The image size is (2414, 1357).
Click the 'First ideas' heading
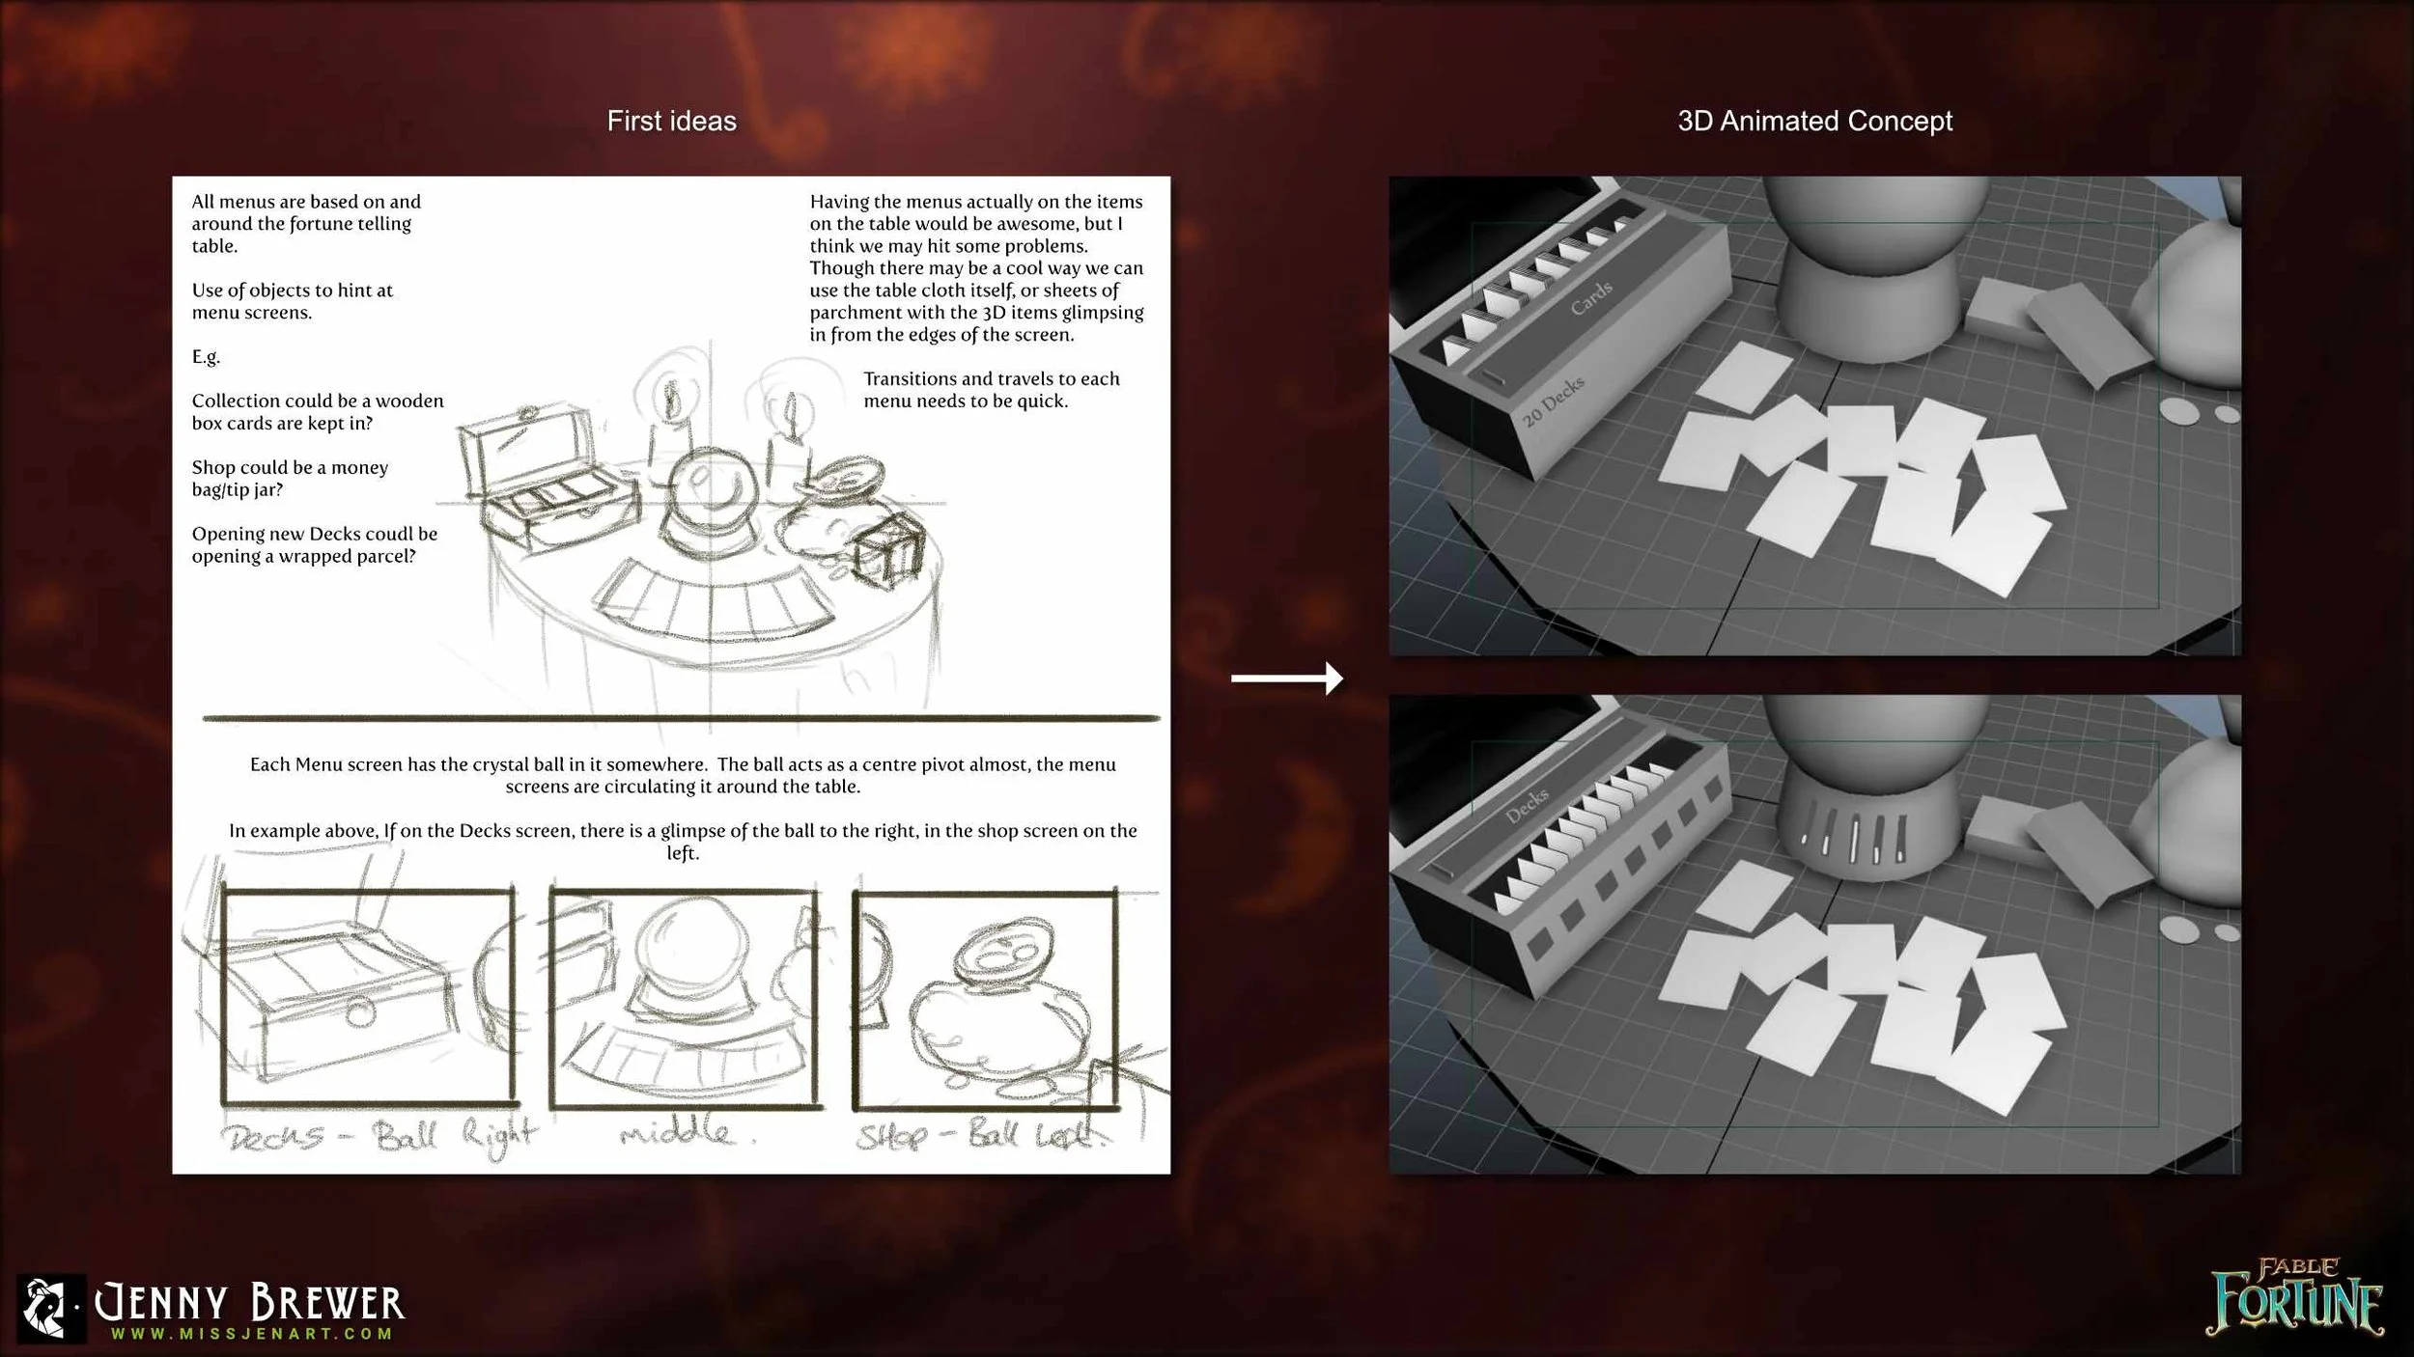coord(671,121)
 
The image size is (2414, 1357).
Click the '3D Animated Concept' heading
coord(1814,121)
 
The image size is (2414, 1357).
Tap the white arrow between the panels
coord(1286,678)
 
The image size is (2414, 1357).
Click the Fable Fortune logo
coord(2294,1297)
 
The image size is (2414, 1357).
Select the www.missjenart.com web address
coord(251,1334)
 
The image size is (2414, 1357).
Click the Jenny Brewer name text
coord(249,1303)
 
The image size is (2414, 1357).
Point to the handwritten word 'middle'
coord(676,1130)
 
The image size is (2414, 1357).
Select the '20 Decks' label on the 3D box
coord(1553,402)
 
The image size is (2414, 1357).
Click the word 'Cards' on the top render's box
coord(1590,298)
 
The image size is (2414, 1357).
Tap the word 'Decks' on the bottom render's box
coord(1527,805)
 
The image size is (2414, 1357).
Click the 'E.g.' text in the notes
coord(206,356)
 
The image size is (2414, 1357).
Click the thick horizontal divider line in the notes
coord(681,718)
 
